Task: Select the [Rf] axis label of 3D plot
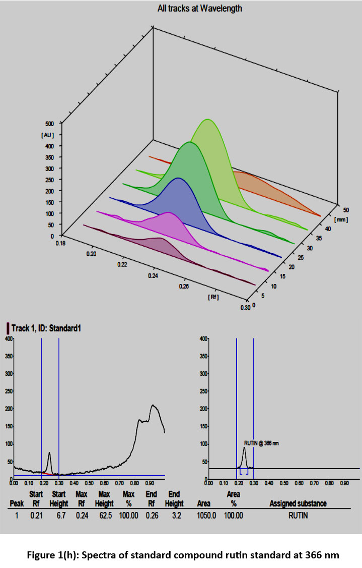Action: (213, 297)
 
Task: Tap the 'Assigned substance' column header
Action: (298, 503)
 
